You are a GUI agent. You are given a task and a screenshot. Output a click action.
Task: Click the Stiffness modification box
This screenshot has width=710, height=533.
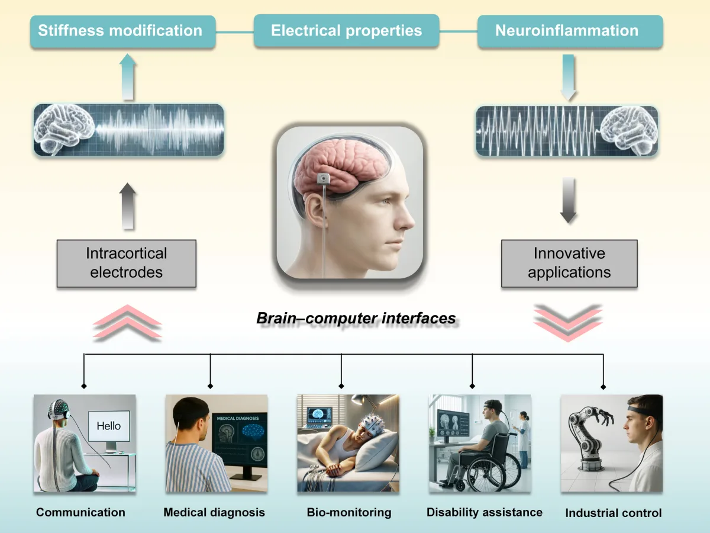120,31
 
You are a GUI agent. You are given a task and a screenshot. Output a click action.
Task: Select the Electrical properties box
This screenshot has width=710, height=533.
346,31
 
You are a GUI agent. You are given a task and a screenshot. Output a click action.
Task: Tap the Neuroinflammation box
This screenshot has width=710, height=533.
567,31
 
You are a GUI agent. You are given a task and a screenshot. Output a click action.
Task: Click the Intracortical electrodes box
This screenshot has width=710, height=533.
127,263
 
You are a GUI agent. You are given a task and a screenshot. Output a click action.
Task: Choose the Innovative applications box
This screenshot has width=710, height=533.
569,263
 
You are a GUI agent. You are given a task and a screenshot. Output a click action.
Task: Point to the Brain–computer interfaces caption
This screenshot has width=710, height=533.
356,319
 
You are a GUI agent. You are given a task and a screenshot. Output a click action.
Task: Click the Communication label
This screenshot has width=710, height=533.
80,512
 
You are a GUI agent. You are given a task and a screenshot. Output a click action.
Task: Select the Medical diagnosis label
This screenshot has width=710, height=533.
214,512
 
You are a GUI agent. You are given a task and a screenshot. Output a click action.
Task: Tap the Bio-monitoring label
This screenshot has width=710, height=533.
349,512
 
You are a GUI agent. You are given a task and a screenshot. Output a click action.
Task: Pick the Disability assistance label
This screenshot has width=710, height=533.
484,512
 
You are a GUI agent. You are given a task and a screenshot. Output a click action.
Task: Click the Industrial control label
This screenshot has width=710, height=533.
613,513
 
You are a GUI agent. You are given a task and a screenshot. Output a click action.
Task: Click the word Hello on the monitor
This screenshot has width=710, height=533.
108,425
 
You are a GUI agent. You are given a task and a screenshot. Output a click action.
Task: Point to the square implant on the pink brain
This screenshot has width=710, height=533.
324,178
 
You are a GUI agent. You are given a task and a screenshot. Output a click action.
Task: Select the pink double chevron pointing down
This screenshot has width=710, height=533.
568,323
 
